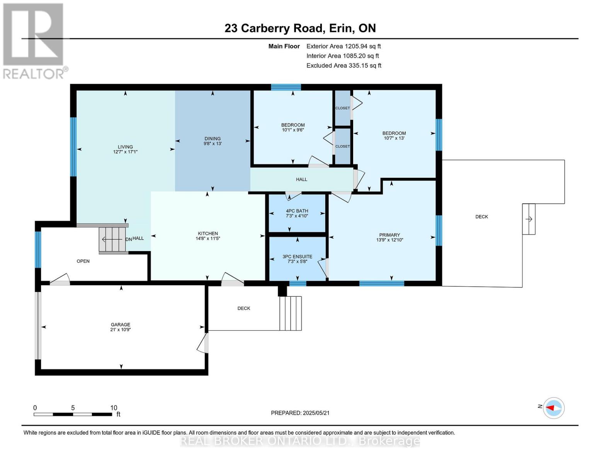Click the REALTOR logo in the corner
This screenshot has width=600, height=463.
[34, 41]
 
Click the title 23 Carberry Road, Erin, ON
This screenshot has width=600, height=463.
[300, 28]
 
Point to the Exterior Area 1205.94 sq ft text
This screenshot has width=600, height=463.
[343, 46]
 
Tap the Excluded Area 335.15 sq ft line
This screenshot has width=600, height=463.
[343, 66]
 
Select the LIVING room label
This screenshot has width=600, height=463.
[125, 147]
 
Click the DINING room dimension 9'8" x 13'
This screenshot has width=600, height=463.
[212, 144]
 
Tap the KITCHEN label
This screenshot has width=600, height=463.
[208, 233]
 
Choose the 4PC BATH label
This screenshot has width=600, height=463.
[297, 211]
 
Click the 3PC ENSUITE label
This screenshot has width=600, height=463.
[297, 257]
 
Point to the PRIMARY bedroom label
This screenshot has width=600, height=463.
[389, 235]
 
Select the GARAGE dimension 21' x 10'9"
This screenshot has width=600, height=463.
[121, 330]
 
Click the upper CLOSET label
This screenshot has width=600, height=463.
[342, 108]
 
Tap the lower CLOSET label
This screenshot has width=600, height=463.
[342, 147]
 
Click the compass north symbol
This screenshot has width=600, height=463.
[554, 408]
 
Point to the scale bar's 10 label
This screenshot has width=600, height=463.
[114, 408]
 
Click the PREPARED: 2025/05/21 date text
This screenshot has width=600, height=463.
[300, 413]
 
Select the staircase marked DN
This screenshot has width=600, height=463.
[112, 239]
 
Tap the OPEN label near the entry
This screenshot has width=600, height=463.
[83, 261]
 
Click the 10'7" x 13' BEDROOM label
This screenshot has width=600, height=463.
[394, 136]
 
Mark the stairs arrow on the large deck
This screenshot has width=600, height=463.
[529, 219]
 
